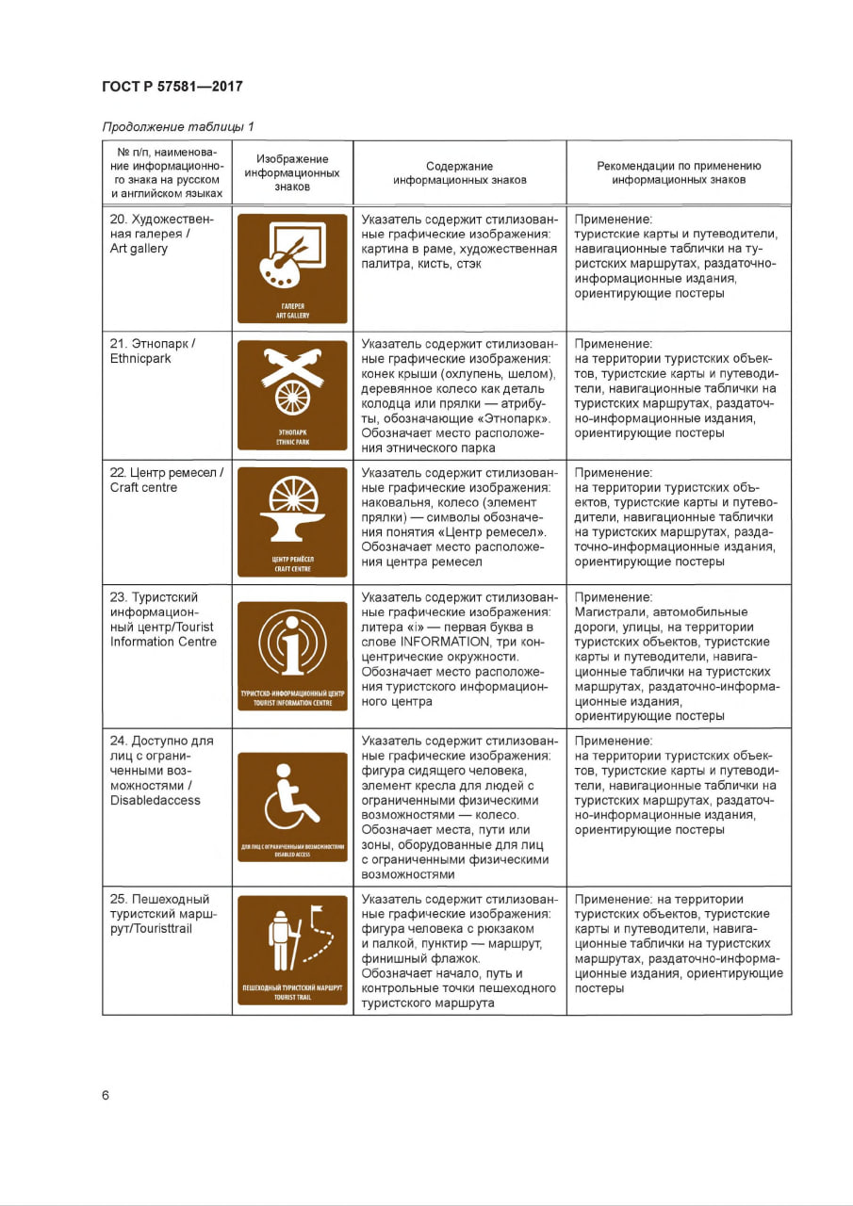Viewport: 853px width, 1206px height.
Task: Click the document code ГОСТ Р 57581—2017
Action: click(172, 87)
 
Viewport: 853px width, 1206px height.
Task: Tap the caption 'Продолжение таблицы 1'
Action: click(177, 126)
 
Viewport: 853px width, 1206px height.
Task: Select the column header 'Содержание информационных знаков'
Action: click(459, 172)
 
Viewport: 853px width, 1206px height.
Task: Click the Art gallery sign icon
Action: click(292, 269)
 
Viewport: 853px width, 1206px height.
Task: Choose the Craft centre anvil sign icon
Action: click(292, 522)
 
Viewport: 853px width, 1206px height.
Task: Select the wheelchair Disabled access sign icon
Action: click(292, 806)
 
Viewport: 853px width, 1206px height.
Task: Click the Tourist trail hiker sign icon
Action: click(292, 949)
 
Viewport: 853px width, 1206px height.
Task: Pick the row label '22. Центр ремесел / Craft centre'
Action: click(166, 480)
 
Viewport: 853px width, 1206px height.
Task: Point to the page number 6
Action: click(106, 1095)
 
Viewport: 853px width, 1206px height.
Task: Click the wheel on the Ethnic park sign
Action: click(293, 397)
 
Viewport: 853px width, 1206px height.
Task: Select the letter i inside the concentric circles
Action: click(293, 646)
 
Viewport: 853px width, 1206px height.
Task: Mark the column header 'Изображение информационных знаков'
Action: click(292, 172)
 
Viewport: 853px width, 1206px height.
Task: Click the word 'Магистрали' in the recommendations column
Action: click(611, 612)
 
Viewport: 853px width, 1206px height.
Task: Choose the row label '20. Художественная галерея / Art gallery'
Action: click(161, 234)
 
